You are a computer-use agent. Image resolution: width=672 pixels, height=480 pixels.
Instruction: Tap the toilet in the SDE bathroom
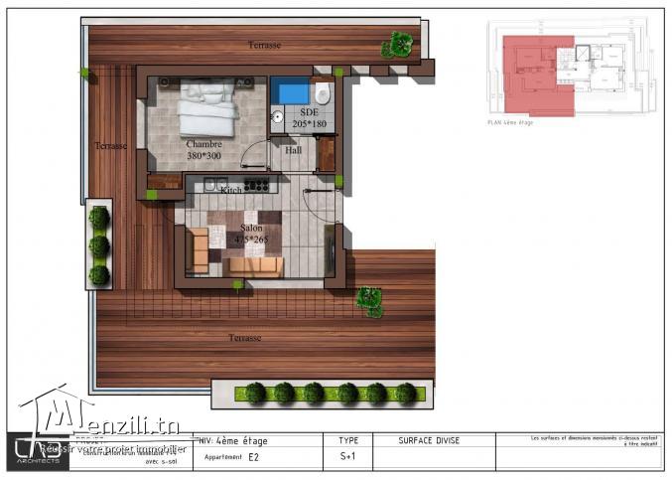coord(322,94)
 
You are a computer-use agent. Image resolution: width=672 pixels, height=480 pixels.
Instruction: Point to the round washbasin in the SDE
coord(280,116)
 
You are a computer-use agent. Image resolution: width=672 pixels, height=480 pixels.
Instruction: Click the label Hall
coord(293,150)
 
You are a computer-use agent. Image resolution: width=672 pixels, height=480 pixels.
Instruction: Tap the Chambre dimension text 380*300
coord(203,156)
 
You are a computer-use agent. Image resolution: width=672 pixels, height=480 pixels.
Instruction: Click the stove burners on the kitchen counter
coord(256,184)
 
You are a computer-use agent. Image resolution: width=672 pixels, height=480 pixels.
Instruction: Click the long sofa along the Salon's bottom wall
coord(253,265)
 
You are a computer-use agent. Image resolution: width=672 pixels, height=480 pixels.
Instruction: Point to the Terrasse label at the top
coord(263,47)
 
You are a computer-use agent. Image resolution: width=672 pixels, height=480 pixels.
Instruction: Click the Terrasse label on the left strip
coord(110,146)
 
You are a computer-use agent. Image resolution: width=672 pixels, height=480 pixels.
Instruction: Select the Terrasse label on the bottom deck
coord(244,338)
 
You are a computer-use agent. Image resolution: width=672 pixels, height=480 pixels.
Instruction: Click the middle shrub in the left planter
coord(99,244)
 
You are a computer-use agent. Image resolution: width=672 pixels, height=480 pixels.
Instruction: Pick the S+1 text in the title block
coord(347,458)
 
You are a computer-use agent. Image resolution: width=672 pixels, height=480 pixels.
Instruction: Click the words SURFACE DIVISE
coord(430,439)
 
